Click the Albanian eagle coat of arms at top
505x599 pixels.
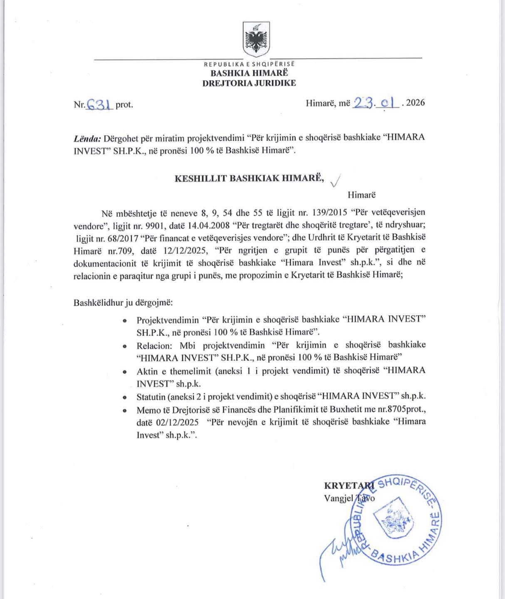(256, 40)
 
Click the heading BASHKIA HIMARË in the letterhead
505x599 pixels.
(249, 73)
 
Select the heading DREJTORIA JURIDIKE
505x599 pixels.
(249, 83)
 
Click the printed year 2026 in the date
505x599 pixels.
(415, 103)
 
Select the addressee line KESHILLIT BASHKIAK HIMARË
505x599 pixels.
(249, 178)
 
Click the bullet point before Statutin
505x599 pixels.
(124, 397)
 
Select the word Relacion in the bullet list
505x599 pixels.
(153, 345)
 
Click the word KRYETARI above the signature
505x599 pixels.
(349, 485)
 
